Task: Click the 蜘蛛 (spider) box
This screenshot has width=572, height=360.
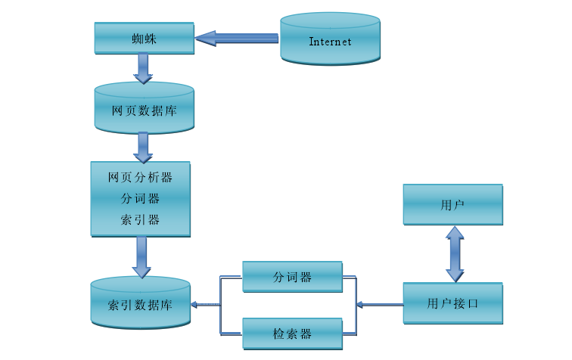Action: tap(144, 38)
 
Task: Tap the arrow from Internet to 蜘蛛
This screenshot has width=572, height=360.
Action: tap(236, 38)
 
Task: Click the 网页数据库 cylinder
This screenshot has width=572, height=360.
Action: tap(144, 110)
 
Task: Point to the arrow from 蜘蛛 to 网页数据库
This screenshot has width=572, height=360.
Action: tap(143, 69)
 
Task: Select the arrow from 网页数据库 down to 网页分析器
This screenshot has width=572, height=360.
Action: tap(143, 147)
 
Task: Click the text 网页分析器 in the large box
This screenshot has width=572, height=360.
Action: tap(140, 178)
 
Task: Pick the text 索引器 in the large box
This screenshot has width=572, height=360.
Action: tap(140, 220)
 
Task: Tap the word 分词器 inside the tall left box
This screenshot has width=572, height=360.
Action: tap(140, 199)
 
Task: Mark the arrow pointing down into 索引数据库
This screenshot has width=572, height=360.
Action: tap(141, 257)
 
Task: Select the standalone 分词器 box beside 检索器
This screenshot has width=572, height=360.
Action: tap(292, 277)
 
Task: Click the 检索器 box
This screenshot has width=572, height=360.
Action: tap(292, 333)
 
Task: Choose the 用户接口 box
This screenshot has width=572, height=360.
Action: tap(452, 303)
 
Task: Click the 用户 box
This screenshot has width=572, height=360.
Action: tap(452, 205)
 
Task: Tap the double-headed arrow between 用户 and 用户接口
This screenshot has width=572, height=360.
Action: tap(454, 254)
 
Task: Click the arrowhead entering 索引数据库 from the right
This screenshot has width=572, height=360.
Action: tap(194, 305)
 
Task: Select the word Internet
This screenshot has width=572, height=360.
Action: tap(330, 42)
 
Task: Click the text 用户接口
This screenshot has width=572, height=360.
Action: tap(452, 304)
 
